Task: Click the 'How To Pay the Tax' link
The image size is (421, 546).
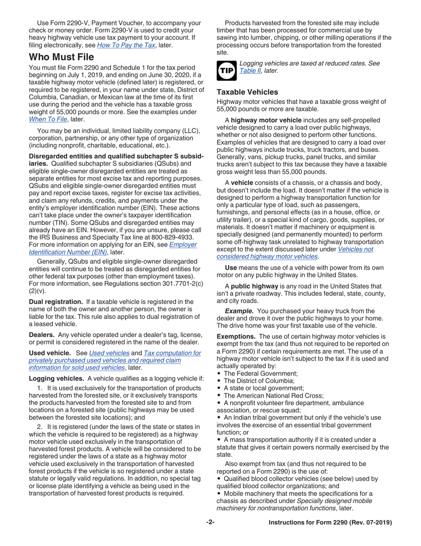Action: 126,45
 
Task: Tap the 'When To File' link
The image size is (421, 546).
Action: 47,119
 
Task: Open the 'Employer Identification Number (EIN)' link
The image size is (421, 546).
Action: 112,248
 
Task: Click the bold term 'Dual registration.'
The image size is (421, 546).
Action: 55,301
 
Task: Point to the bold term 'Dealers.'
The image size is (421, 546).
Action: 42,334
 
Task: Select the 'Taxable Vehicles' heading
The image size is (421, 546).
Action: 253,92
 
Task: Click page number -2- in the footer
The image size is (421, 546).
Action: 210,522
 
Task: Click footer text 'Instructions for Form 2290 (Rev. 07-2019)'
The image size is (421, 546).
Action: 330,522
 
